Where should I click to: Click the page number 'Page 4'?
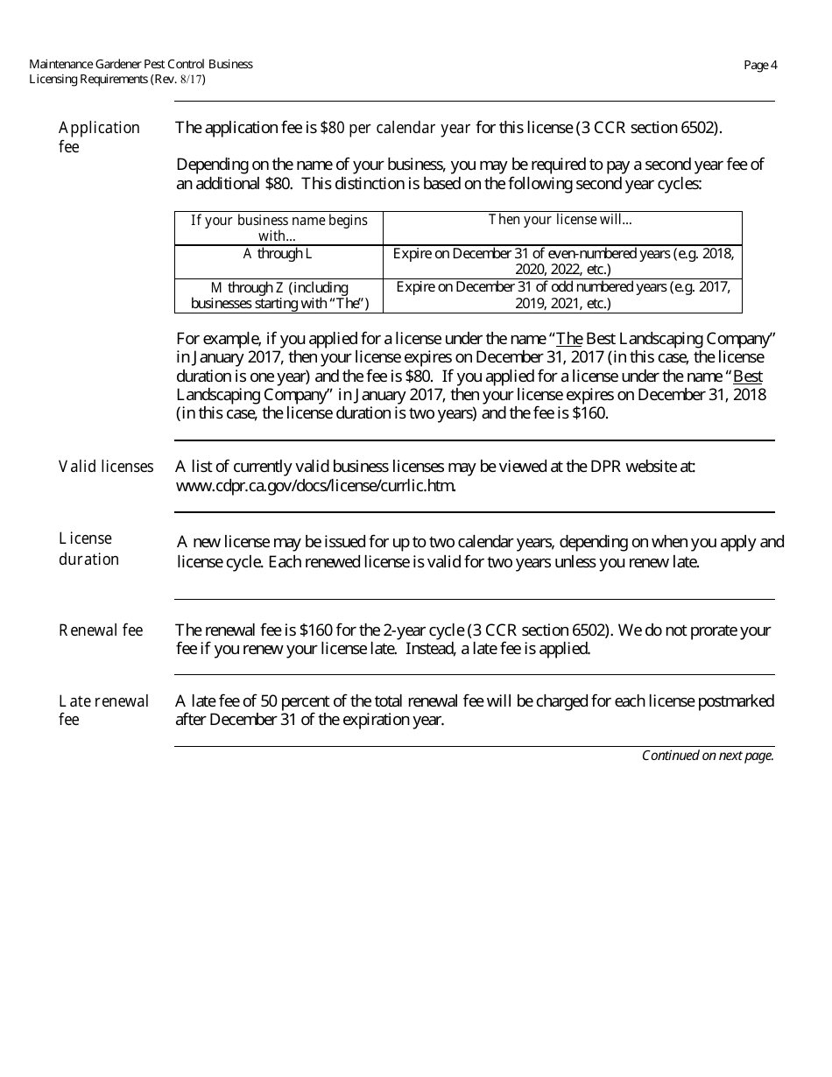pos(760,65)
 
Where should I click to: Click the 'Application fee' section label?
pos(99,137)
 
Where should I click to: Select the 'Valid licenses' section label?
pos(106,467)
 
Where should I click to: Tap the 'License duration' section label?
pos(88,549)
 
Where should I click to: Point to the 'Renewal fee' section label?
pos(101,630)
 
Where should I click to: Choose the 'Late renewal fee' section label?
pos(103,710)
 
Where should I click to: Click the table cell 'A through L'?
pos(278,254)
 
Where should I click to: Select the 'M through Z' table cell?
pos(279,296)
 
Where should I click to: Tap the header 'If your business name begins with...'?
pos(279,228)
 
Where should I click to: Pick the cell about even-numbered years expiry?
pos(562,262)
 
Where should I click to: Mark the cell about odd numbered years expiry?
pos(562,296)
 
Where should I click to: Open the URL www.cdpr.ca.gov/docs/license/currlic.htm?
pos(315,486)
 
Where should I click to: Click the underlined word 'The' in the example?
pos(569,339)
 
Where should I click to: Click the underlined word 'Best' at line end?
pos(748,376)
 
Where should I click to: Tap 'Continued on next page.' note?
pos(708,756)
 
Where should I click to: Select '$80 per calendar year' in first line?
pos(396,128)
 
